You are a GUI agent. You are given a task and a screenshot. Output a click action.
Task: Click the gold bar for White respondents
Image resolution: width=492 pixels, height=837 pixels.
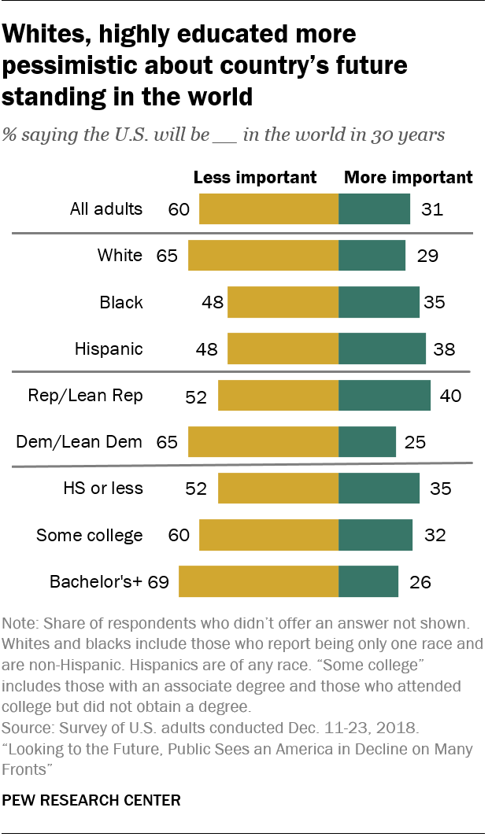(x=263, y=256)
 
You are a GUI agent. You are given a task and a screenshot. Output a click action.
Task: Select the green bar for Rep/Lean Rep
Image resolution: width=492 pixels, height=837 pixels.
(x=384, y=396)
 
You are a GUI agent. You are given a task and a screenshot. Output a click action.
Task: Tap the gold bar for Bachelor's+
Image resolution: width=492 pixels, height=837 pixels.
(x=258, y=582)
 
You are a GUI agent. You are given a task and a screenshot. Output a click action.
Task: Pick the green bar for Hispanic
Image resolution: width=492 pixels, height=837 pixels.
(x=382, y=348)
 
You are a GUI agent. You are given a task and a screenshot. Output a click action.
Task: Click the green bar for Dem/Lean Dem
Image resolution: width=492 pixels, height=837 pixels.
(x=367, y=442)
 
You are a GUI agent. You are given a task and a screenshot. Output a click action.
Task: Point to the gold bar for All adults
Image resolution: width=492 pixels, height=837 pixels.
(x=268, y=209)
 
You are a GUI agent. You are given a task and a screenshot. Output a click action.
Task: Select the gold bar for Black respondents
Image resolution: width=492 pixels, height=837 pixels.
(x=283, y=302)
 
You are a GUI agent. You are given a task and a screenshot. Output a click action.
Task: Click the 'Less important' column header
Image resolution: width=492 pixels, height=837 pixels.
(x=254, y=177)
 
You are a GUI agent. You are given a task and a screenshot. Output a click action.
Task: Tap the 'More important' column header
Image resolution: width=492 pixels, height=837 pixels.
(x=408, y=177)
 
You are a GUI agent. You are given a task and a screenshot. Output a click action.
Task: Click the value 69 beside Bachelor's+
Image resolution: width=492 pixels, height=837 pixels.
(x=160, y=583)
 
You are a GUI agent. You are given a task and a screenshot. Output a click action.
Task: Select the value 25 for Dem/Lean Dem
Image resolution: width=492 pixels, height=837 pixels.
(x=415, y=442)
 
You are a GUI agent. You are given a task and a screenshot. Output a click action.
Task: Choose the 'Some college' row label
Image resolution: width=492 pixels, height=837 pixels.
(x=90, y=536)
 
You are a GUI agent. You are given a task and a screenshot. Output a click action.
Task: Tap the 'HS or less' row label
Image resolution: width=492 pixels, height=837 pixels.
(x=102, y=489)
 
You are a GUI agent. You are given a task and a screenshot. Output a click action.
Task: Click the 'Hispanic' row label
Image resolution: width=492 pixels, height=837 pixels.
(x=109, y=348)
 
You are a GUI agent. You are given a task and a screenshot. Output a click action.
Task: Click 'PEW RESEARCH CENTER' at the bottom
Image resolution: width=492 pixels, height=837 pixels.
(x=91, y=801)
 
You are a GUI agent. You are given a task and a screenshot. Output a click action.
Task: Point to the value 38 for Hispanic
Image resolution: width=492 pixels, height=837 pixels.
(x=444, y=348)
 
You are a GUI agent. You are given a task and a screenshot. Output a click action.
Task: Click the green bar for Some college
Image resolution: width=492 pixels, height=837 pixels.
(x=375, y=536)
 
